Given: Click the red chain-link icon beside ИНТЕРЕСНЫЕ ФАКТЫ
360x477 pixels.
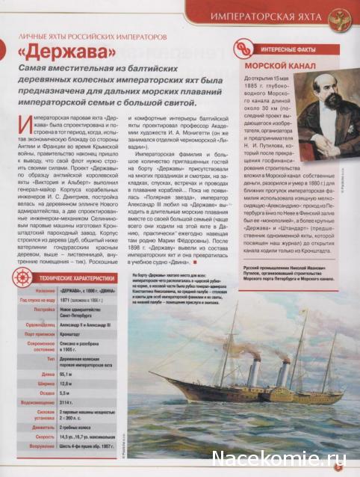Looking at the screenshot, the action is (241, 48).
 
